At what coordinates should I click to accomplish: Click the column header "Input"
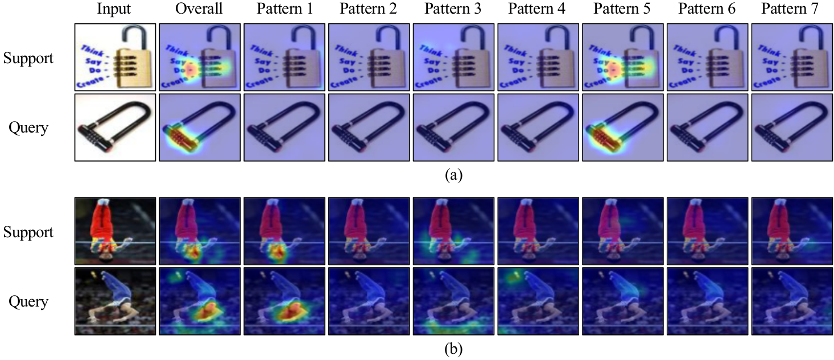point(114,9)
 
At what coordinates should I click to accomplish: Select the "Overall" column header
point(199,9)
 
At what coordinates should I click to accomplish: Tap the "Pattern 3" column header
point(453,9)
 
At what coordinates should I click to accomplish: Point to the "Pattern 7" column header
point(792,9)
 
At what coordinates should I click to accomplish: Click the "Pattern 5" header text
point(622,9)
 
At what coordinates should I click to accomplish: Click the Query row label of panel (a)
point(28,127)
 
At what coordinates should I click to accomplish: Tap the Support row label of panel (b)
point(28,232)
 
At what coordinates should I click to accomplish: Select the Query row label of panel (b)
point(28,301)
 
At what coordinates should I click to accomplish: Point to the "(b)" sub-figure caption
point(453,349)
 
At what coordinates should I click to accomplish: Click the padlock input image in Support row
point(115,56)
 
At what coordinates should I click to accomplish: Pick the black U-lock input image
point(115,127)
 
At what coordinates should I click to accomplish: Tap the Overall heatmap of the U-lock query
point(199,127)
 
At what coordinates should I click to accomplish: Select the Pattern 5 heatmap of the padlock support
point(622,56)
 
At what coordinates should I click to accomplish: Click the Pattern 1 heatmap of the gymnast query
point(284,301)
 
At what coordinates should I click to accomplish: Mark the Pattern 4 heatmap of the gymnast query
point(538,301)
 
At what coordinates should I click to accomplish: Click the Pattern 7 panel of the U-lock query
point(792,127)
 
